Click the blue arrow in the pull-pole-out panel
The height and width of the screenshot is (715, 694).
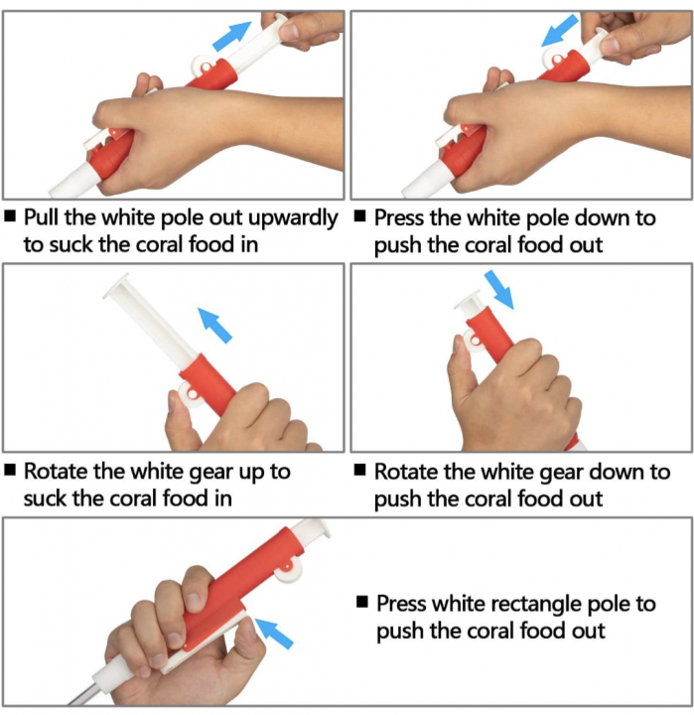tap(232, 36)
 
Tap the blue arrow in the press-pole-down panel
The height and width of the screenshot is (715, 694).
tap(560, 30)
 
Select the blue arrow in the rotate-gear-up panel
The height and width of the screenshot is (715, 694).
tap(214, 325)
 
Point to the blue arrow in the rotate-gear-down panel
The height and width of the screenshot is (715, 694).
tap(498, 290)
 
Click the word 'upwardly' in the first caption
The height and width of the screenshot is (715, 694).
tap(293, 218)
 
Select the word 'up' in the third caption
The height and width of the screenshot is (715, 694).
tap(252, 473)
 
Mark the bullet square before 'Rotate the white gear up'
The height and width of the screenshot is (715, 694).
tap(10, 470)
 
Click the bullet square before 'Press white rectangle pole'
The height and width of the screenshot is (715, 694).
tap(362, 602)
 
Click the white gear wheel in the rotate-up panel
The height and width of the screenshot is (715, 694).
tap(191, 394)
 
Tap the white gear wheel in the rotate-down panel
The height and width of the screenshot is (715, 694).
tap(473, 341)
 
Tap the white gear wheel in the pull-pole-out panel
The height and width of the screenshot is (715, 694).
tap(204, 67)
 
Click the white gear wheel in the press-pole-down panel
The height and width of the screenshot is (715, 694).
tap(556, 59)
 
